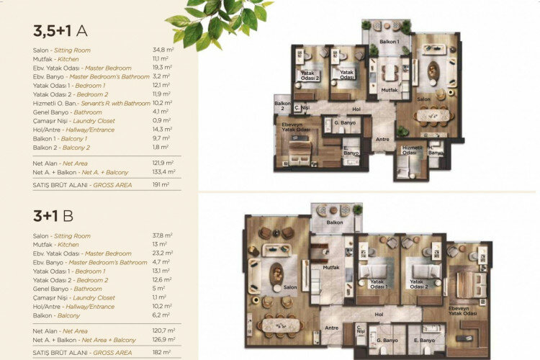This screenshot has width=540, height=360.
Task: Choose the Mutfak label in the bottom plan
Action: pos(331,267)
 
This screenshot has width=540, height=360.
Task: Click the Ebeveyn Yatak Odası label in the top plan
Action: pos(292,127)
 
